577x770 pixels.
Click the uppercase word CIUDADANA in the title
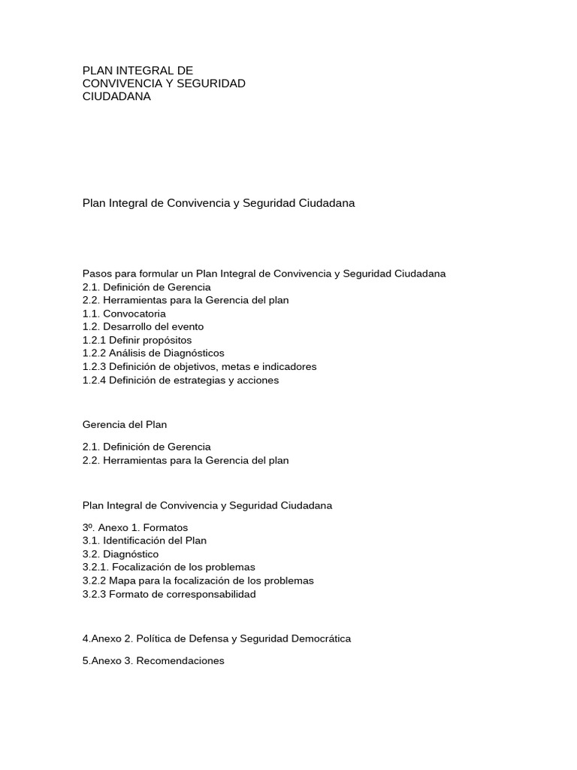tap(116, 96)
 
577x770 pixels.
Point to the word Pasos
tap(96, 274)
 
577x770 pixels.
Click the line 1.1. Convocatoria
tap(124, 314)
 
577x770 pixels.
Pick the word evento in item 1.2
tap(188, 327)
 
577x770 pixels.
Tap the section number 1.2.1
tap(94, 340)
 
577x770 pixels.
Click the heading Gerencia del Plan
tap(125, 425)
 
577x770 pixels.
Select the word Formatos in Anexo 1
tap(165, 527)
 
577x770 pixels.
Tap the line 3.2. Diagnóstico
tap(120, 554)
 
